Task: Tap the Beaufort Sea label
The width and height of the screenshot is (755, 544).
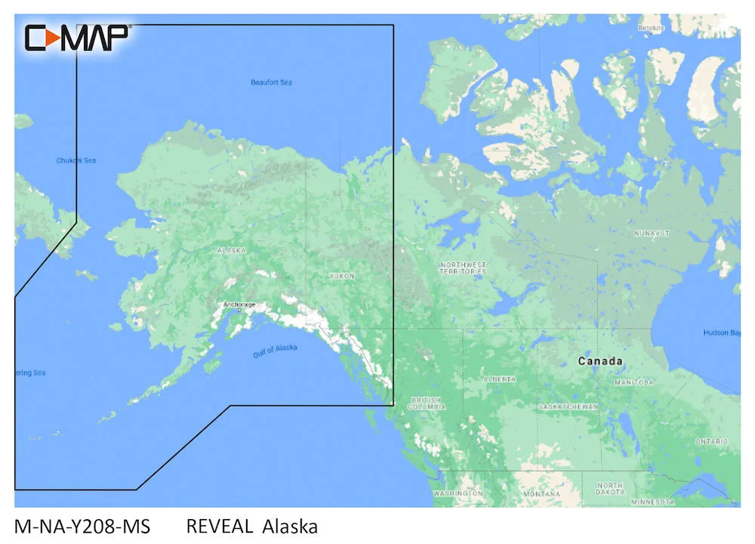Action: (271, 82)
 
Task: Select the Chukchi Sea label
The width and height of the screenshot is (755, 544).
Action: (76, 160)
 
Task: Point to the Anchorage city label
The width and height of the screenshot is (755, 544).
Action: (239, 304)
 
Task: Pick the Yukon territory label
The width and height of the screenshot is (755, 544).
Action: (342, 277)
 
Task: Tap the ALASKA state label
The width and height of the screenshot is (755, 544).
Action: (231, 250)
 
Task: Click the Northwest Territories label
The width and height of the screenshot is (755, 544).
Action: (463, 267)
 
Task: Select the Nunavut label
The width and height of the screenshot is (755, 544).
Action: (652, 233)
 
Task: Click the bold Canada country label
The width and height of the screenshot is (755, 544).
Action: (600, 361)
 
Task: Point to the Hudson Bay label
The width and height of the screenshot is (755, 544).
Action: (722, 333)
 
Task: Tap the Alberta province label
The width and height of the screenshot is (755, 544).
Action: (500, 379)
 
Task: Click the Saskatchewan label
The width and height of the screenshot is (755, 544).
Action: (569, 406)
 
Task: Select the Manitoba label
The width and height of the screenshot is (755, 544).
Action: (634, 382)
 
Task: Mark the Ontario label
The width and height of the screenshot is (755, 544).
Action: (712, 441)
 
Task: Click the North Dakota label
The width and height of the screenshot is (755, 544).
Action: (609, 488)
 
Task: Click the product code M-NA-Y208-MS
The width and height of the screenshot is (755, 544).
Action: (82, 527)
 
